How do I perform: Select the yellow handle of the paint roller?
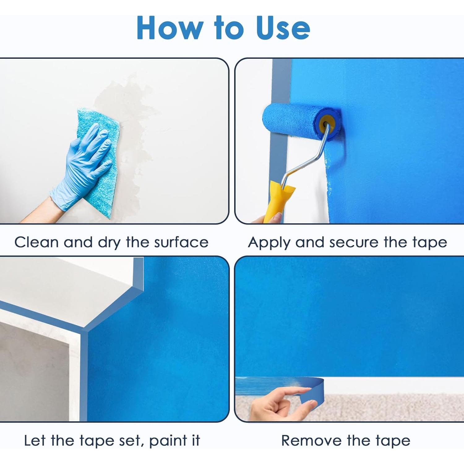click(x=278, y=201)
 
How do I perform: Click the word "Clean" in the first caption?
click(x=37, y=242)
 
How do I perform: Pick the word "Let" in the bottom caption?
click(x=35, y=441)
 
